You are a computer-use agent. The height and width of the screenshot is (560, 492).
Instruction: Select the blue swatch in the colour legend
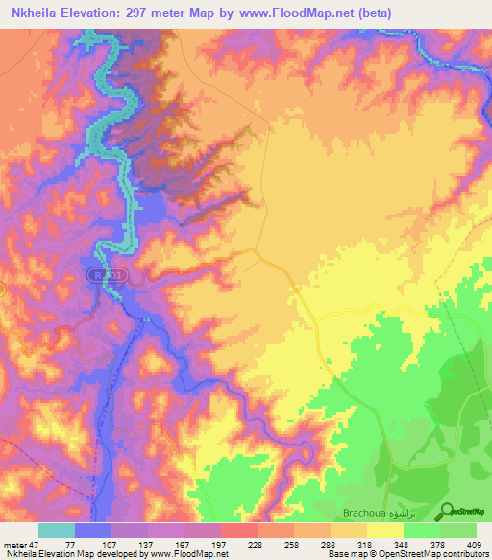pos(93,530)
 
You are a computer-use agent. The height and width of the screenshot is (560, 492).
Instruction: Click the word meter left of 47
pos(15,544)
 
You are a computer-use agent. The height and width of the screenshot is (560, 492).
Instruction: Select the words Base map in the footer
pos(344,554)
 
